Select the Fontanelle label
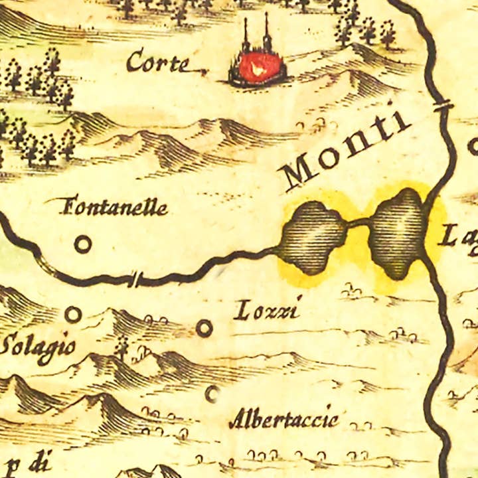coord(114,208)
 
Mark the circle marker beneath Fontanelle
coord(82,245)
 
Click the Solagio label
coord(37,347)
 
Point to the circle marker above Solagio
coord(73,313)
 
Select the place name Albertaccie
coord(283,420)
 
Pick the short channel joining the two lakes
coord(358,223)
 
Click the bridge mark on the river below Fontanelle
coord(136,279)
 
